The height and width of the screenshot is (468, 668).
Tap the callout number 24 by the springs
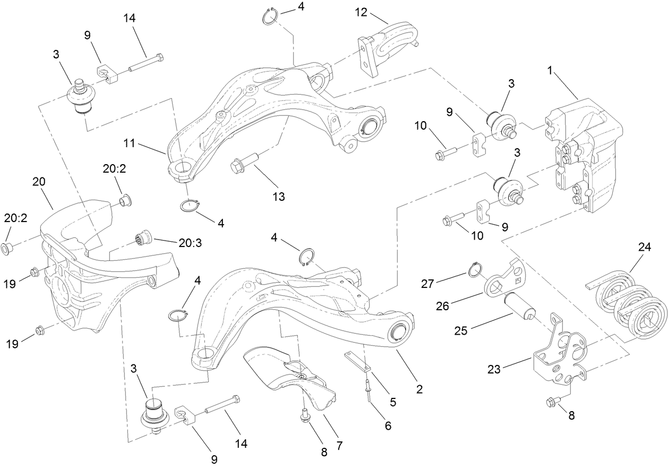pos(645,247)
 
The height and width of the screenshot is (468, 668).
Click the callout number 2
pos(419,389)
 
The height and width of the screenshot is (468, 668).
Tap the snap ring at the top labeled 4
pos(271,16)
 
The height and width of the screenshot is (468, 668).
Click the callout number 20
pos(39,182)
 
